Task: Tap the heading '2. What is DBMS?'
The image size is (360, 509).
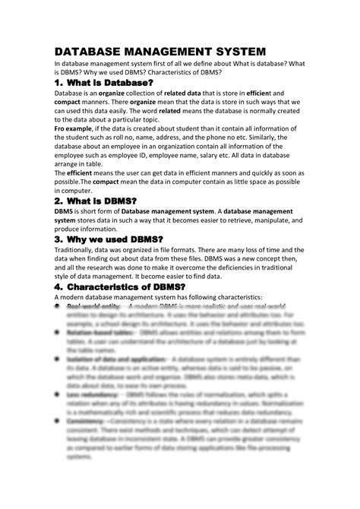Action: [x=101, y=200]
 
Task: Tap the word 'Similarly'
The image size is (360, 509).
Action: [x=282, y=141]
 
